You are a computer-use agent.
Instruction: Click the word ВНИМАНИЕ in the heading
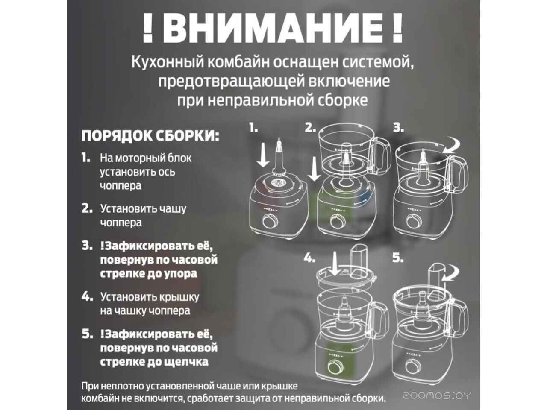[x=273, y=28]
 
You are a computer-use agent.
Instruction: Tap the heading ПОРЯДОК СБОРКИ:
[x=150, y=136]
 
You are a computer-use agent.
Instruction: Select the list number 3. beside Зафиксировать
[x=87, y=246]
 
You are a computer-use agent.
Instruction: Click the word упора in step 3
[x=181, y=274]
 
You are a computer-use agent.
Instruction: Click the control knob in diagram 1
[x=270, y=221]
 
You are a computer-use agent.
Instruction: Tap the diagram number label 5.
[x=398, y=258]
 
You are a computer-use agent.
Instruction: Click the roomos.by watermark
[x=437, y=396]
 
